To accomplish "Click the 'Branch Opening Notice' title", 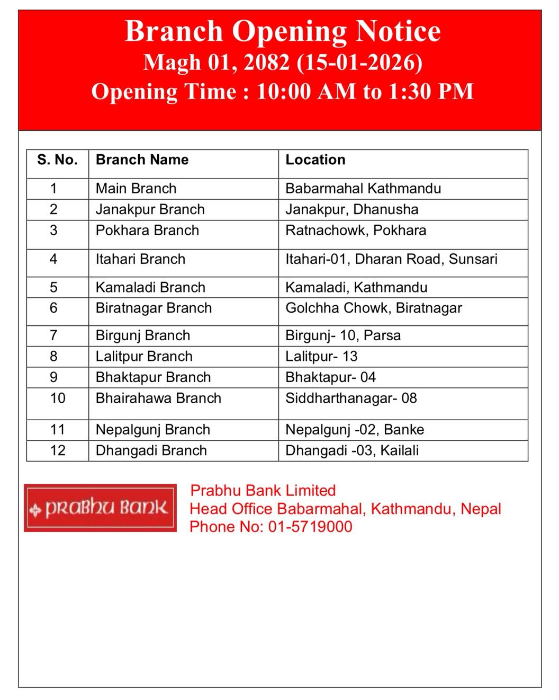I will point(283,31).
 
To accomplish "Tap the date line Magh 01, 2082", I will point(283,63).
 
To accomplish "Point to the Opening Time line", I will point(282,92).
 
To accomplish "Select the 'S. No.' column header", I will point(57,160).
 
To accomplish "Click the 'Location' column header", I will point(315,160).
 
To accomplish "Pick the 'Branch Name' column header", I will point(142,160).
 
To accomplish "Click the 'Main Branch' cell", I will point(136,189).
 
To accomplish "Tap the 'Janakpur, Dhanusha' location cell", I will point(351,209).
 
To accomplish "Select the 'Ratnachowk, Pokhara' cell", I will point(355,231).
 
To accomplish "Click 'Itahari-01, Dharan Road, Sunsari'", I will point(391,259).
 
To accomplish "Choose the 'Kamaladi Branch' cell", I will point(150,287).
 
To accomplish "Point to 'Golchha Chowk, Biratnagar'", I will point(373,308).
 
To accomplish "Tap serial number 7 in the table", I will point(53,335).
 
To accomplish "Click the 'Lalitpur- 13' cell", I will point(321,356).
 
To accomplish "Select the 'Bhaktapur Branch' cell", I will point(153,377).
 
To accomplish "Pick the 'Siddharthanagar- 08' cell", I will point(351,398).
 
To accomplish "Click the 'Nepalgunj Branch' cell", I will point(152,430).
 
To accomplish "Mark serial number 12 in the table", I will point(57,450).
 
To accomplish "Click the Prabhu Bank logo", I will point(100,508).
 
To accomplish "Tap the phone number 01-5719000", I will point(310,527).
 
